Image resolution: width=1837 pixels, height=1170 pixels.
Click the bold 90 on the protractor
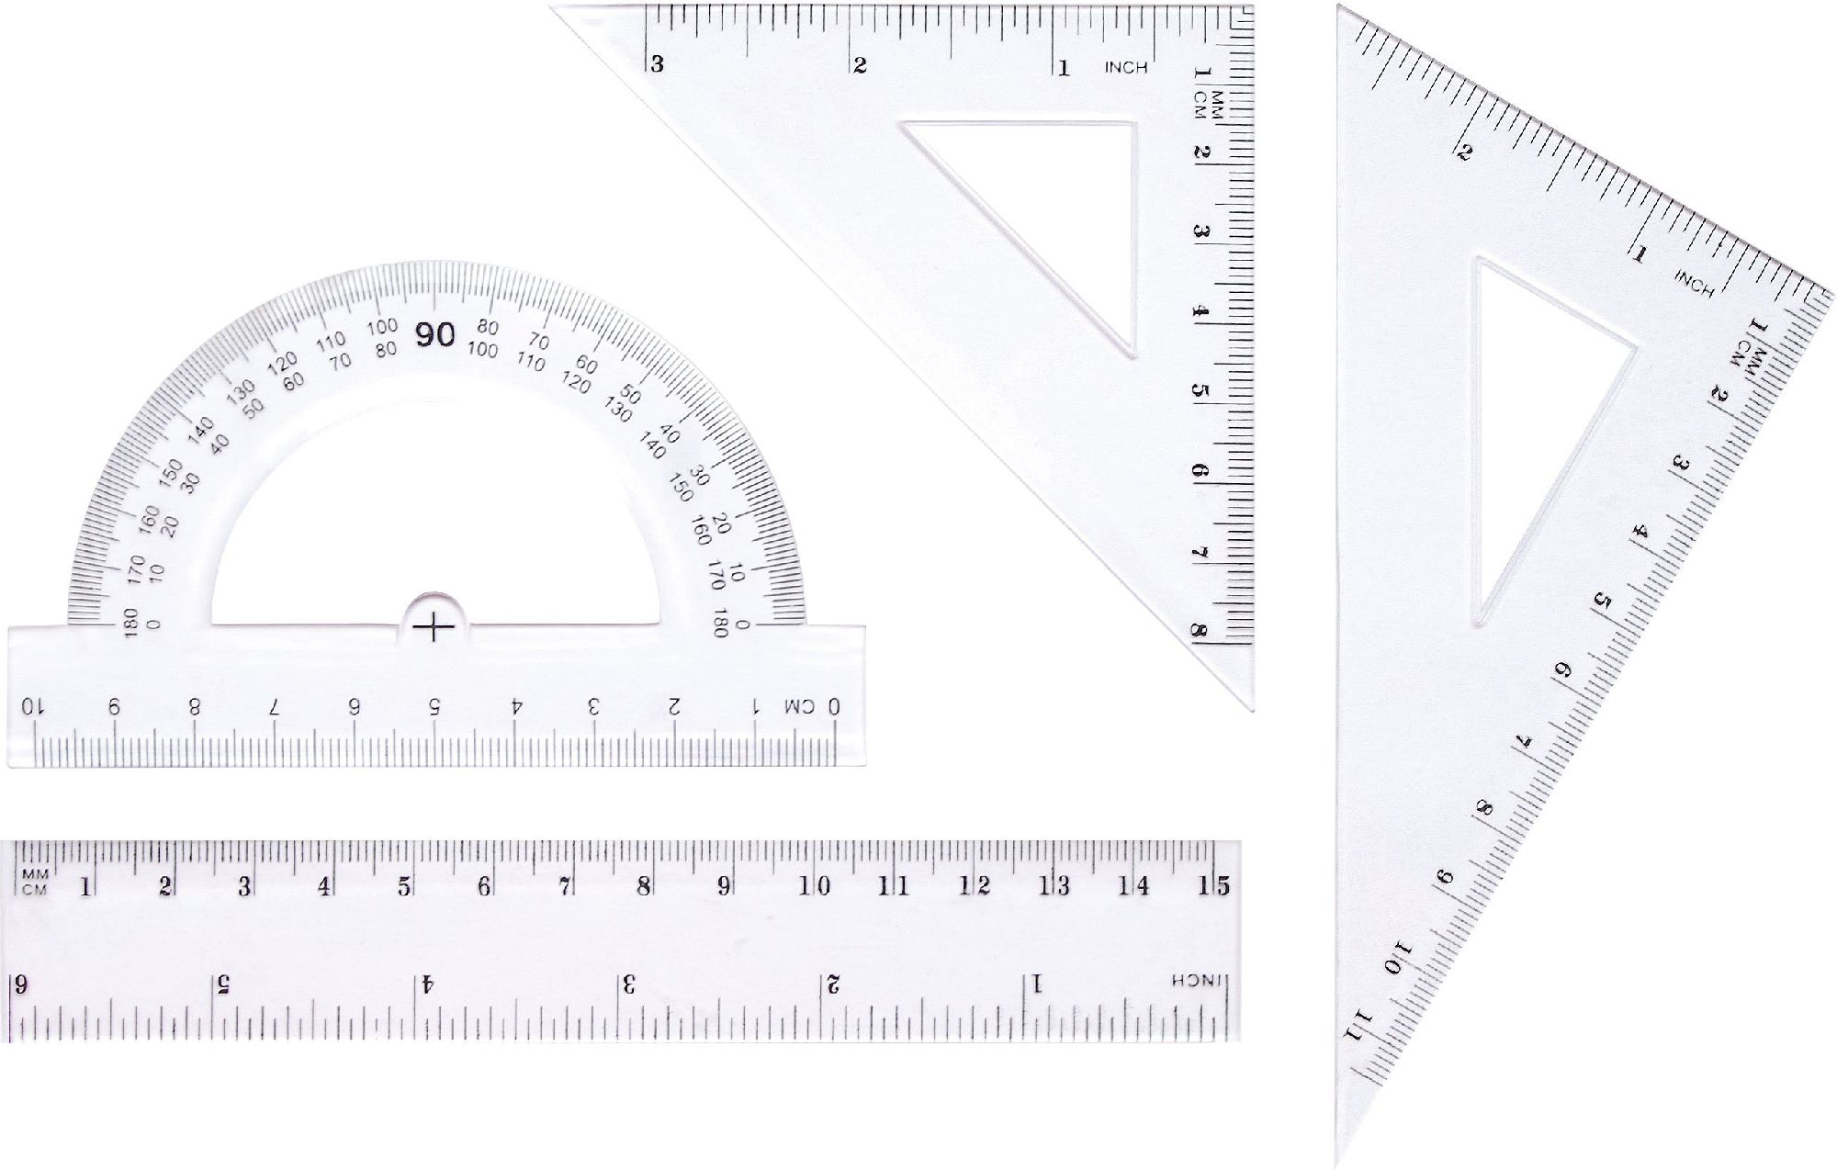tap(434, 335)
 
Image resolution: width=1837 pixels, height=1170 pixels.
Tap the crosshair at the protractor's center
tap(434, 628)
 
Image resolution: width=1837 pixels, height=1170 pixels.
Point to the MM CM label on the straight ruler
tap(34, 881)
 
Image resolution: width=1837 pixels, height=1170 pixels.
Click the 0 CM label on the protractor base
tap(812, 706)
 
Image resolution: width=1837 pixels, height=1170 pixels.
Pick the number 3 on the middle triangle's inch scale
tap(657, 64)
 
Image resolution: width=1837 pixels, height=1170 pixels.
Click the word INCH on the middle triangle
tap(1125, 67)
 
